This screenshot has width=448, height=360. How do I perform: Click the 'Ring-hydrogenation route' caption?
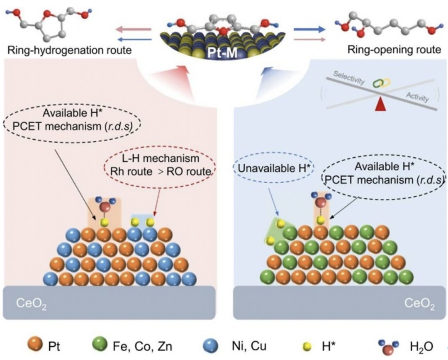pos(69,51)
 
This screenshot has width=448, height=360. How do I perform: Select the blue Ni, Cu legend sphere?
pos(213,345)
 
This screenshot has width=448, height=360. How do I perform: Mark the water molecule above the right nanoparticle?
pos(320,202)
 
